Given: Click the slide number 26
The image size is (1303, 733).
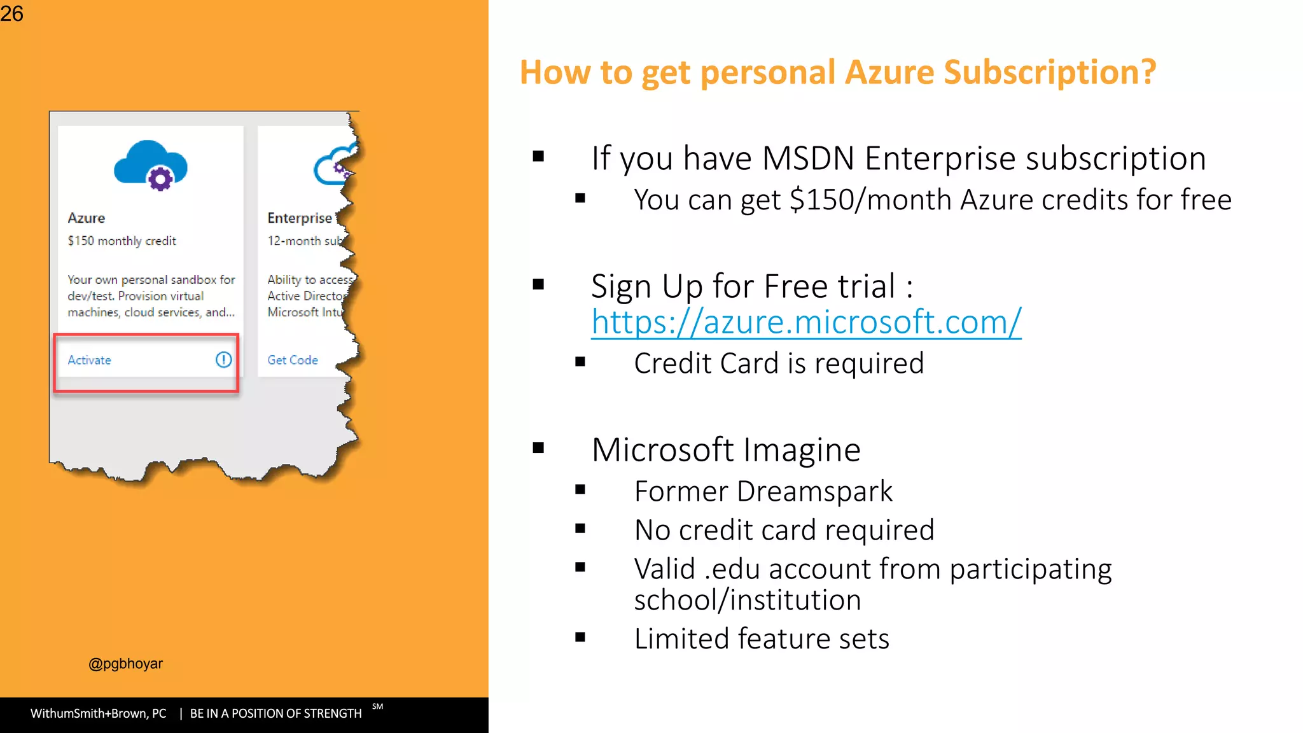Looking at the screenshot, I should (x=11, y=13).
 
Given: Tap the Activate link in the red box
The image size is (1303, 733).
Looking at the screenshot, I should (x=89, y=360).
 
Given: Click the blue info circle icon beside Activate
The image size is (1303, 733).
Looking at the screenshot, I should (x=223, y=360).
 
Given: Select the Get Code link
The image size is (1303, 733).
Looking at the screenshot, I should (x=292, y=360).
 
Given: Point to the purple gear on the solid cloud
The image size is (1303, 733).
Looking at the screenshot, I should (x=160, y=179).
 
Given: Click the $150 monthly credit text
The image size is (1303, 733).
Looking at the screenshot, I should (x=122, y=241).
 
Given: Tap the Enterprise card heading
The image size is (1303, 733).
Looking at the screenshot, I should (x=300, y=218).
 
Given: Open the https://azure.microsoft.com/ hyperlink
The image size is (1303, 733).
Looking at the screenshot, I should (x=805, y=322).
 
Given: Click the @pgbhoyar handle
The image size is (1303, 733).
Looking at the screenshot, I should (x=125, y=664).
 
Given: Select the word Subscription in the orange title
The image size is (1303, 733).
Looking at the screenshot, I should (x=1050, y=73).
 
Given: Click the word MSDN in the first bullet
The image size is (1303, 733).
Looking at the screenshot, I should (x=807, y=158).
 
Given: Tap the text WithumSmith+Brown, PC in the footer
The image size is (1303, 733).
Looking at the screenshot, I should (x=98, y=713).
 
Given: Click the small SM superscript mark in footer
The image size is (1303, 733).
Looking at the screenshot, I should (x=378, y=706).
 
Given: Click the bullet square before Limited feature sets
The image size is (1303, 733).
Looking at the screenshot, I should (x=580, y=638).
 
